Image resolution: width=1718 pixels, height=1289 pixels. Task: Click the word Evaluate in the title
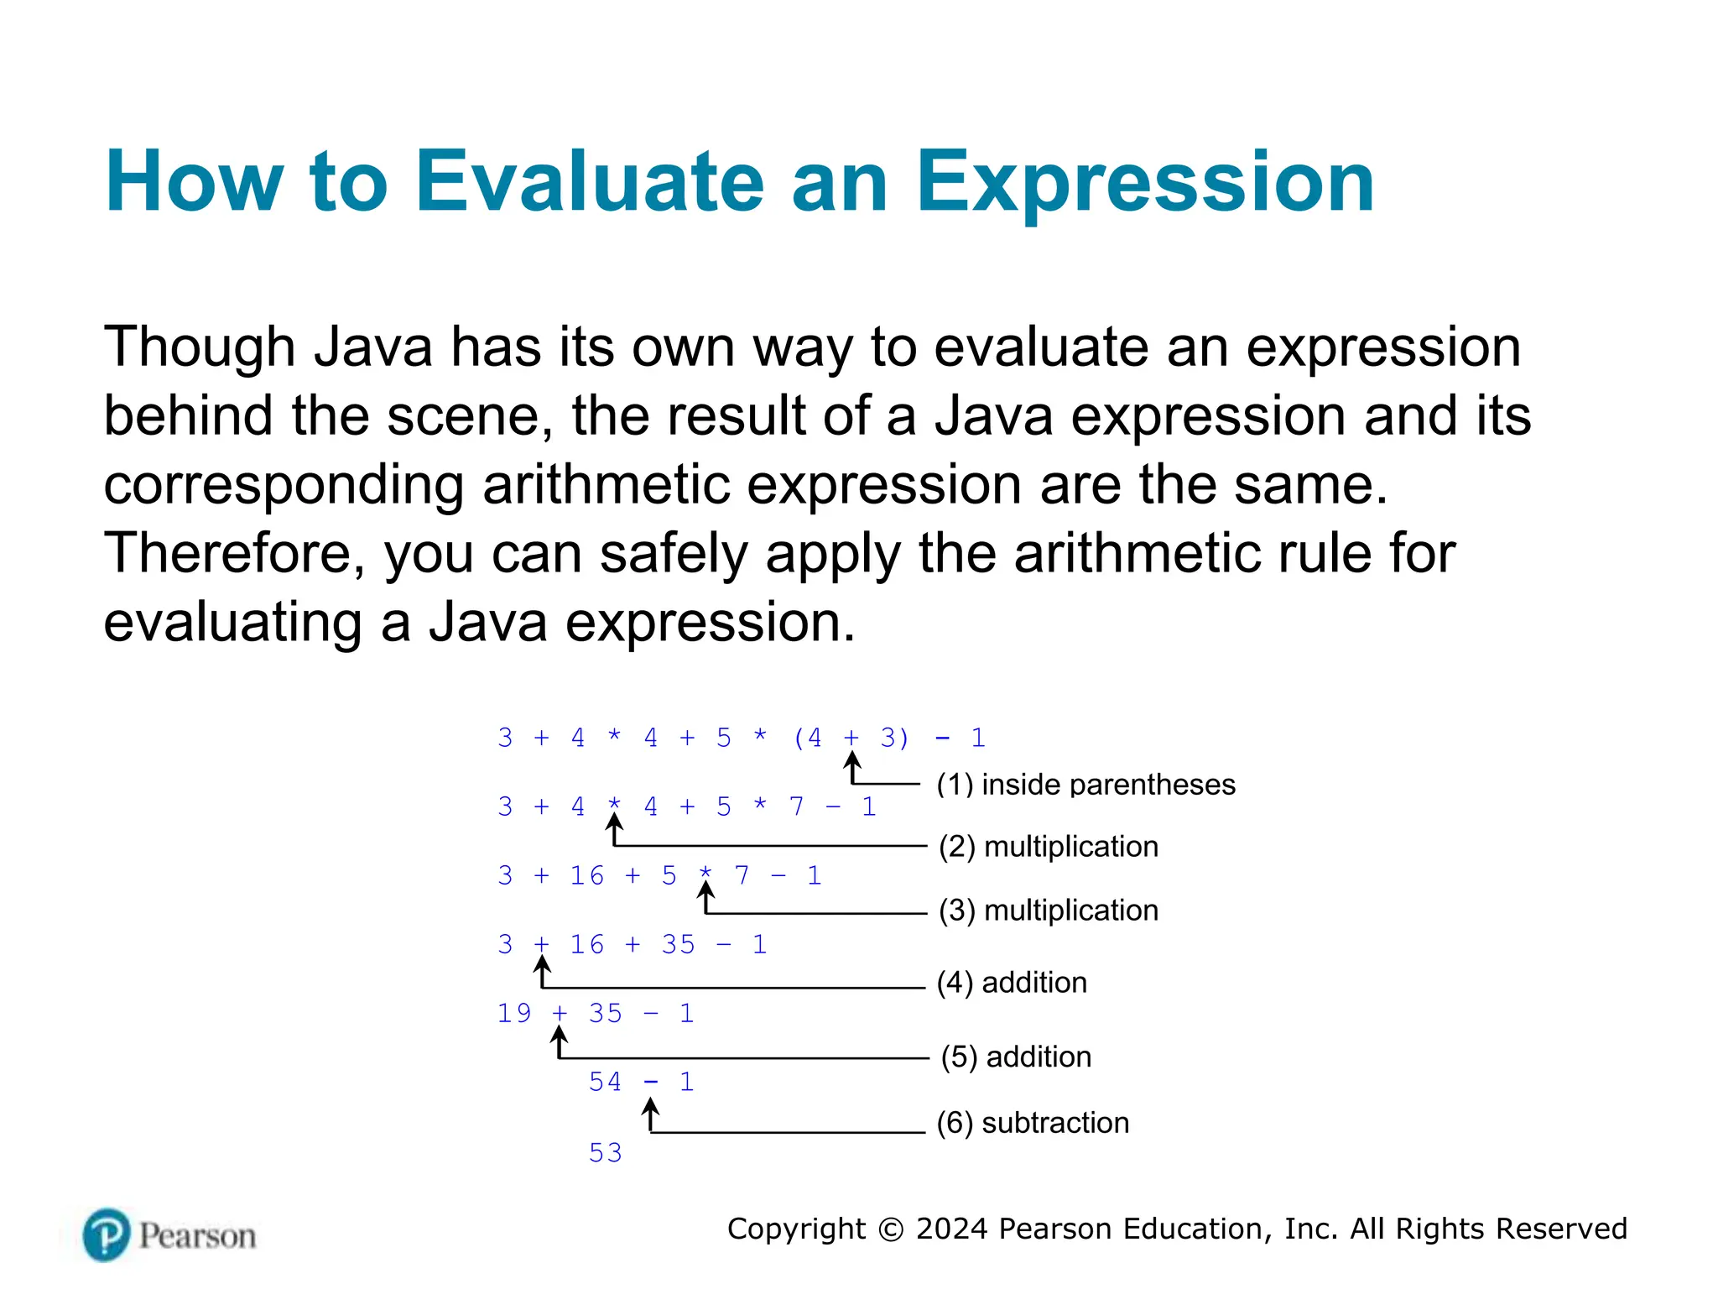click(x=588, y=182)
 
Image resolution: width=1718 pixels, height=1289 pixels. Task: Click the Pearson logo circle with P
click(x=107, y=1234)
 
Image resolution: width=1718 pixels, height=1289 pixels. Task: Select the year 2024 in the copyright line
click(x=952, y=1229)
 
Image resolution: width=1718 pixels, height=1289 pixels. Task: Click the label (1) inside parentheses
click(x=1085, y=785)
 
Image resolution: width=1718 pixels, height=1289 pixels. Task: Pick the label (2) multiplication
click(x=1048, y=847)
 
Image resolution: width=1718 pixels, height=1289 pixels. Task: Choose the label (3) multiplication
click(x=1048, y=911)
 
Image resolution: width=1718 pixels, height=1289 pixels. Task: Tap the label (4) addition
click(x=1011, y=983)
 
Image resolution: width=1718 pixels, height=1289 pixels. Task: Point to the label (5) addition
click(x=1015, y=1057)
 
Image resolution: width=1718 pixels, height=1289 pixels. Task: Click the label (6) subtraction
click(x=1032, y=1123)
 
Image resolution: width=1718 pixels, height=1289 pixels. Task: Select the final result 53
click(x=605, y=1153)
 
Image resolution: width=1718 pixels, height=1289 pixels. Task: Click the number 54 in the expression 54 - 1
click(x=605, y=1082)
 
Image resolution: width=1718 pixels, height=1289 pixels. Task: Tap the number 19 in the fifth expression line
click(x=514, y=1013)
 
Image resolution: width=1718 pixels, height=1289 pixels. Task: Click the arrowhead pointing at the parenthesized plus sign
click(x=852, y=758)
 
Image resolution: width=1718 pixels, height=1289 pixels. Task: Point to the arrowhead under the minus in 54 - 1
click(x=650, y=1106)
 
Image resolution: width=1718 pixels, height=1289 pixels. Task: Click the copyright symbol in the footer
click(x=890, y=1229)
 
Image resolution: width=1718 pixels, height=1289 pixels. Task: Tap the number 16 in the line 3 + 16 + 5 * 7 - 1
click(x=586, y=875)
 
